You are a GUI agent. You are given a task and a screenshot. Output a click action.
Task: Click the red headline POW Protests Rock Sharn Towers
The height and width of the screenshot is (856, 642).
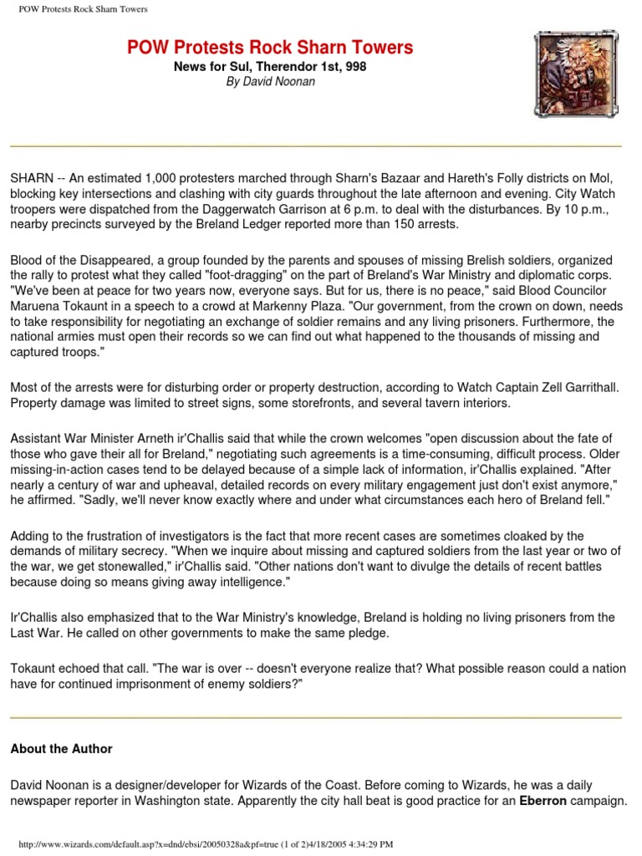coord(270,48)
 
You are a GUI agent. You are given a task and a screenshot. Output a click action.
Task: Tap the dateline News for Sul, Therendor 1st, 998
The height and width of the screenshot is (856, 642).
coord(270,66)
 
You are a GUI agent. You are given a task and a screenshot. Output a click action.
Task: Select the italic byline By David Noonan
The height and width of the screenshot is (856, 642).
coord(270,82)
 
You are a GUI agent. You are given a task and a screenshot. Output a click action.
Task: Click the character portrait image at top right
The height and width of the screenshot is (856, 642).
coord(576,74)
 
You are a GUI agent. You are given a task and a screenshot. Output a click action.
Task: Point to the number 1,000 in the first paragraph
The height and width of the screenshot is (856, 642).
coord(166,178)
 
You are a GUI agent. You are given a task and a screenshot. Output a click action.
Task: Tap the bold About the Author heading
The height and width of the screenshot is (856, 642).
coord(61,749)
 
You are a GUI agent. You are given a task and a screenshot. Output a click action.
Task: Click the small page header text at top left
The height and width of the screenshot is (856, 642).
coord(83,9)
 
